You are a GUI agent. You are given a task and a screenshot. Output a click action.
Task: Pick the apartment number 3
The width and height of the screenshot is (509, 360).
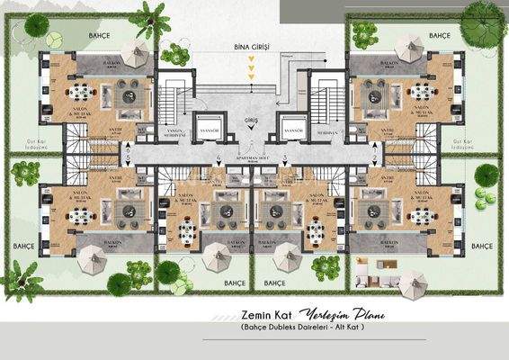[285, 158]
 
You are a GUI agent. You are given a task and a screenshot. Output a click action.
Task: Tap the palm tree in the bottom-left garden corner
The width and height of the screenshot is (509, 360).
[22, 275]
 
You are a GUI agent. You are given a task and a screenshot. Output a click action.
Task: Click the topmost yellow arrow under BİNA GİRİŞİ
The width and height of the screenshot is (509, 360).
[253, 58]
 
